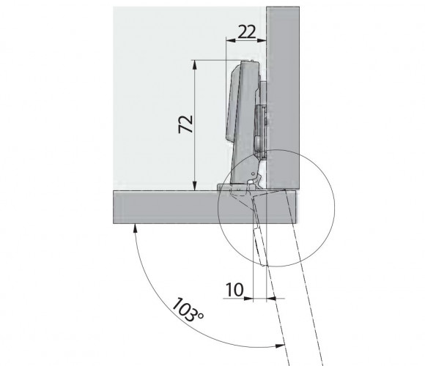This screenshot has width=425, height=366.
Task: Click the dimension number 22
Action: click(246, 31)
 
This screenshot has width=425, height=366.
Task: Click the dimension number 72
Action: click(185, 124)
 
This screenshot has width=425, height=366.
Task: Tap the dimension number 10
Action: click(234, 290)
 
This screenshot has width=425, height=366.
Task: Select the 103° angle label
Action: click(188, 310)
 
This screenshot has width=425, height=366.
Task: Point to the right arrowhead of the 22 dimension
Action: click(262, 40)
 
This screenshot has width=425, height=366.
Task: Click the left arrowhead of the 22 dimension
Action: click(231, 40)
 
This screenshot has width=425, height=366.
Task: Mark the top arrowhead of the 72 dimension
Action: click(195, 64)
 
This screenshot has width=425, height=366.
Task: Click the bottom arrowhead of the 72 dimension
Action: click(195, 186)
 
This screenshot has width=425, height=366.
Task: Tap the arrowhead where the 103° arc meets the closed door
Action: click(135, 228)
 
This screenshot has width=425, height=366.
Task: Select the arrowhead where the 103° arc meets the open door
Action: click(280, 346)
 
